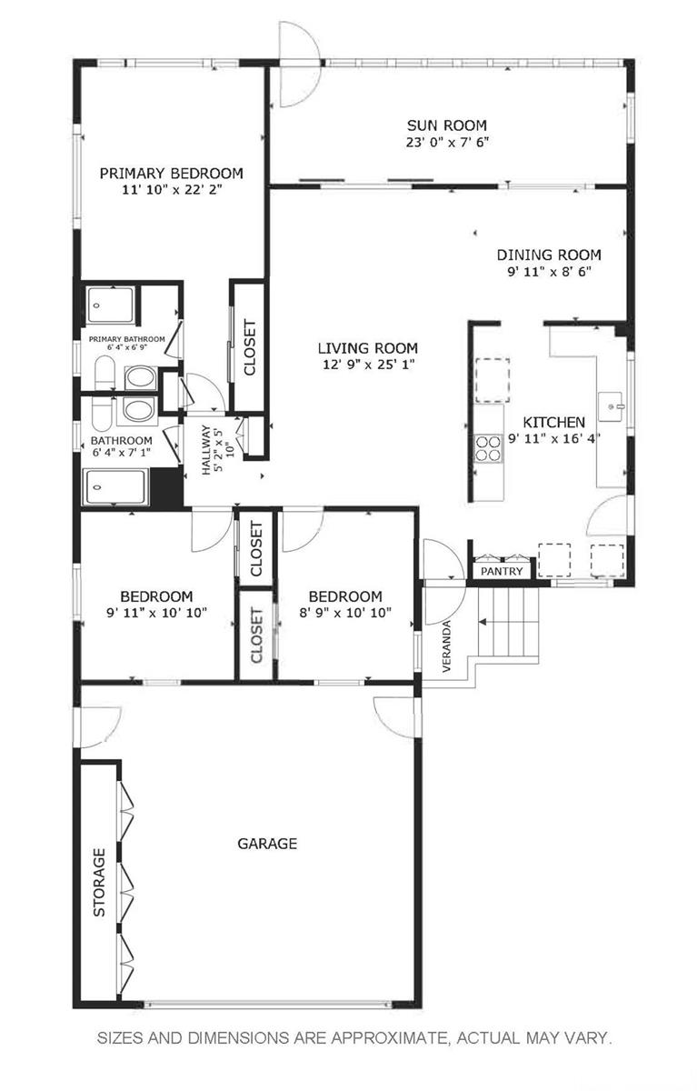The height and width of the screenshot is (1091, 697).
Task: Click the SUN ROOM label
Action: click(x=446, y=125)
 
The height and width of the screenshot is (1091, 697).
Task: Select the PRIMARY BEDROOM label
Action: click(x=171, y=173)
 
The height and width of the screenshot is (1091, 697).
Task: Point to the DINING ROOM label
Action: click(x=548, y=255)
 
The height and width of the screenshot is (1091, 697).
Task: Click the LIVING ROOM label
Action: click(x=367, y=347)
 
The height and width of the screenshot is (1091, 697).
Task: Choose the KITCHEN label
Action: click(x=553, y=422)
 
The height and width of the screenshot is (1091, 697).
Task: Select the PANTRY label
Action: click(x=501, y=572)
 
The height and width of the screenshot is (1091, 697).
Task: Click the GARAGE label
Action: click(x=267, y=844)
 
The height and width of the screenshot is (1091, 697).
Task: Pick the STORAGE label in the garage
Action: click(x=99, y=882)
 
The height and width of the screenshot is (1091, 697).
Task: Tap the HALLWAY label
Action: click(x=205, y=450)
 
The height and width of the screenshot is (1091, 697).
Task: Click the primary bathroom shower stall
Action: click(x=111, y=304)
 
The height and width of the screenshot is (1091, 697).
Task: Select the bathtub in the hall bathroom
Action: click(x=115, y=486)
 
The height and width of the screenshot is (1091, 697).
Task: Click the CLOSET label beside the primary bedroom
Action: click(x=248, y=347)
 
